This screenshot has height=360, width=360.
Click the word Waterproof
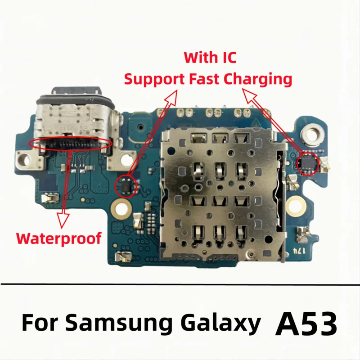pyautogui.click(x=58, y=237)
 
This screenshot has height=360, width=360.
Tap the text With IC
pyautogui.click(x=210, y=58)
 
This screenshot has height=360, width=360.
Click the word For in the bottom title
pyautogui.click(x=42, y=323)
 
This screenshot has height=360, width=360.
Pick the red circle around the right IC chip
pyautogui.click(x=308, y=162)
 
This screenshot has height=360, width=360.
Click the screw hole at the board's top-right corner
pyautogui.click(x=310, y=133)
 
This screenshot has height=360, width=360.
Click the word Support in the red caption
pyautogui.click(x=148, y=80)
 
